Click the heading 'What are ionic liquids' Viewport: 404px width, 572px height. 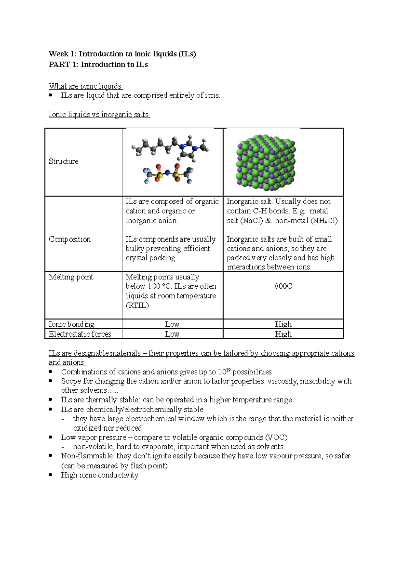pyautogui.click(x=85, y=86)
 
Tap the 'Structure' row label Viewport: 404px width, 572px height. pyautogui.click(x=64, y=161)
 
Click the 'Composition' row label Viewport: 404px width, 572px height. pyautogui.click(x=70, y=239)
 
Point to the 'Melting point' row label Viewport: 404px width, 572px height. pyautogui.click(x=71, y=277)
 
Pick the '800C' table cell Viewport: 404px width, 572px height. pyautogui.click(x=283, y=286)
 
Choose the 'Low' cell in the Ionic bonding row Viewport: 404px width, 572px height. pyautogui.click(x=172, y=324)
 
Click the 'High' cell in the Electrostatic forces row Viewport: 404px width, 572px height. pyautogui.click(x=283, y=334)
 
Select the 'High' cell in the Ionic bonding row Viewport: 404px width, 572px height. pyautogui.click(x=283, y=324)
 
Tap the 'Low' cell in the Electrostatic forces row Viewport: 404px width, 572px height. pyautogui.click(x=172, y=334)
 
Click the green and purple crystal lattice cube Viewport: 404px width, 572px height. pyautogui.click(x=266, y=162)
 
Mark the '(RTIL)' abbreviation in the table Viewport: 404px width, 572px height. pyautogui.click(x=137, y=306)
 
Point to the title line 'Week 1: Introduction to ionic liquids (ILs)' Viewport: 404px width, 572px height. pyautogui.click(x=122, y=54)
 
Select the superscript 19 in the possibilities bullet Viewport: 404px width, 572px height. pyautogui.click(x=228, y=370)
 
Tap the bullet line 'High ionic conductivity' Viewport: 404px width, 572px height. pyautogui.click(x=100, y=475)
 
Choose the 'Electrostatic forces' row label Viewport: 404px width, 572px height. pyautogui.click(x=80, y=334)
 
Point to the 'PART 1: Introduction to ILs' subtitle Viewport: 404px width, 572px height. pyautogui.click(x=98, y=65)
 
